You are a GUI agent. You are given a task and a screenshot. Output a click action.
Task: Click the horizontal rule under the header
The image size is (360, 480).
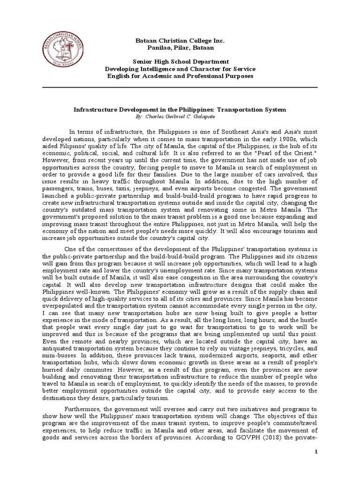(x=180, y=87)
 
